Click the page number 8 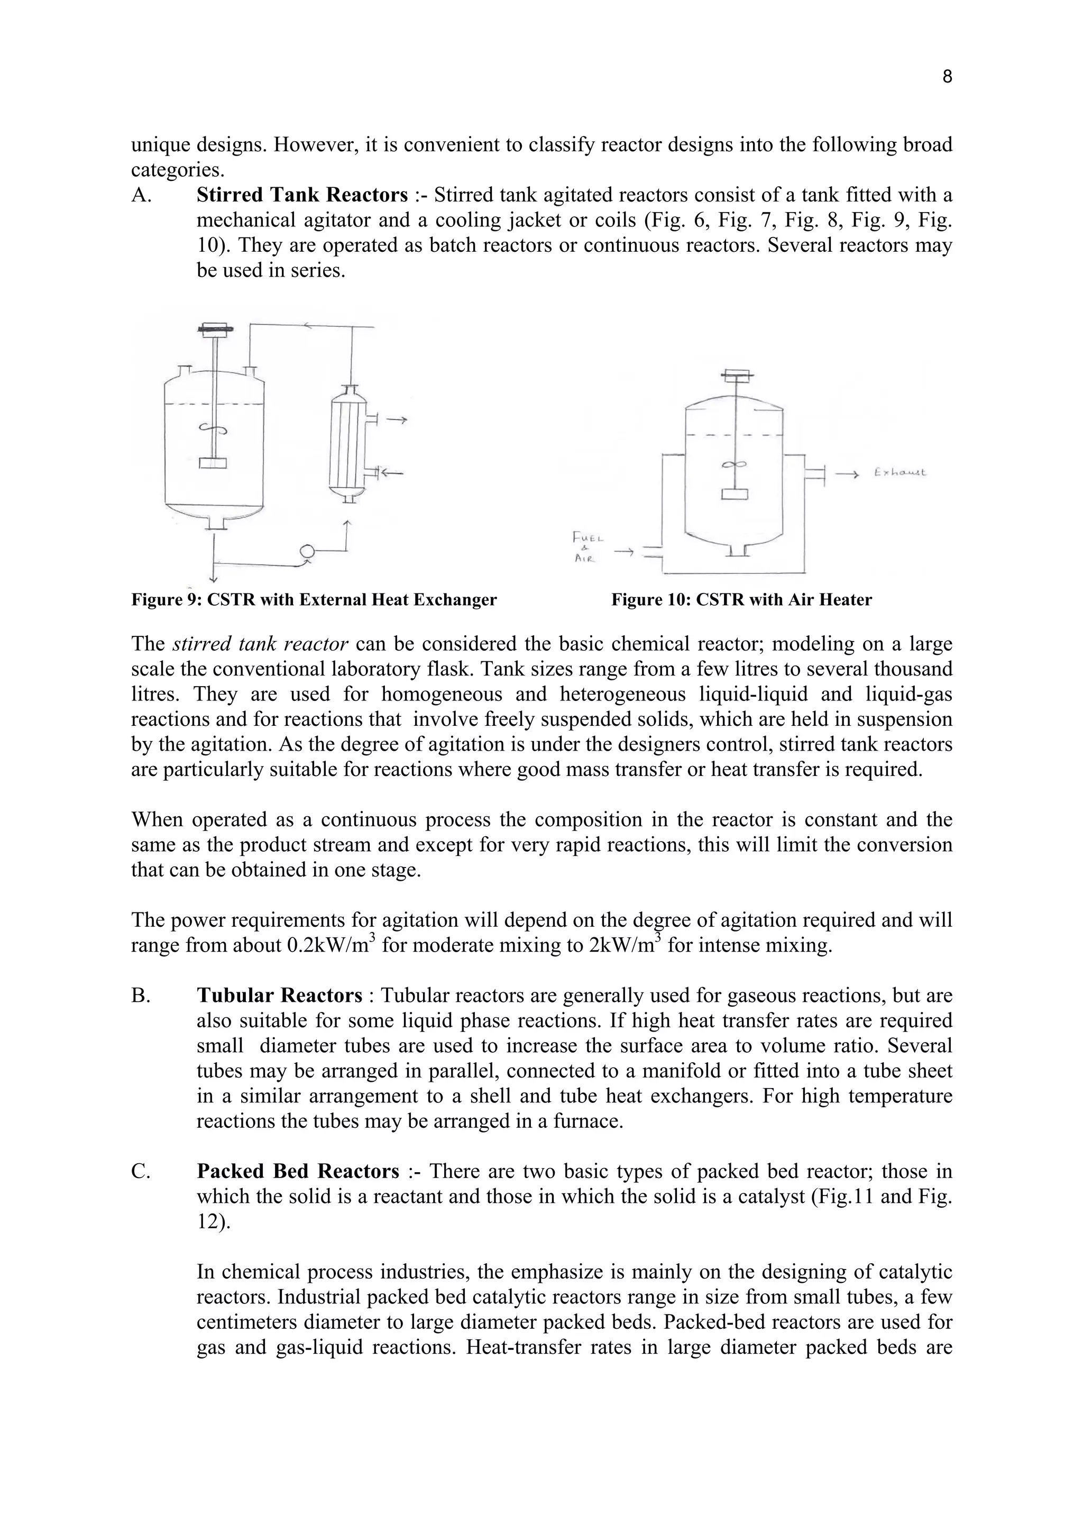click(x=947, y=77)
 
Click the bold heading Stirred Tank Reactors click(x=301, y=195)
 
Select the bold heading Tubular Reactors click(x=279, y=996)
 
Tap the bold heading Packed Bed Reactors click(x=298, y=1171)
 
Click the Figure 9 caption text click(x=314, y=599)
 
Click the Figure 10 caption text click(x=741, y=599)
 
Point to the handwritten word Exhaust click(x=900, y=473)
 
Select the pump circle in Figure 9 click(x=307, y=551)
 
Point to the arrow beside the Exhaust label click(x=848, y=474)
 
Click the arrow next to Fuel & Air click(x=624, y=552)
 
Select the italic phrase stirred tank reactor click(x=260, y=644)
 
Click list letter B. click(x=140, y=996)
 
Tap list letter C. click(x=140, y=1171)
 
